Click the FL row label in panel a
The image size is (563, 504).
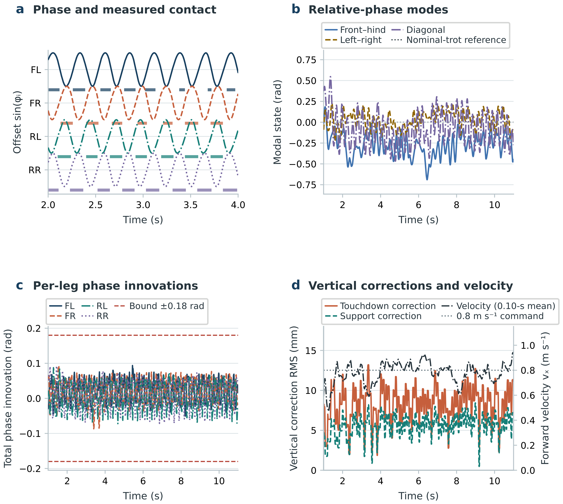tap(36, 70)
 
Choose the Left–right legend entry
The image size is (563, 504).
tap(353, 40)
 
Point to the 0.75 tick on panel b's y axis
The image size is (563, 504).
tap(306, 60)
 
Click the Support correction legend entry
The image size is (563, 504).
tap(373, 316)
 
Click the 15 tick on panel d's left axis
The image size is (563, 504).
tap(310, 351)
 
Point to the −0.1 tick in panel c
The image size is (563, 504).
tap(30, 434)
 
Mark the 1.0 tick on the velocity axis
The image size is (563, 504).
tap(528, 346)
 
